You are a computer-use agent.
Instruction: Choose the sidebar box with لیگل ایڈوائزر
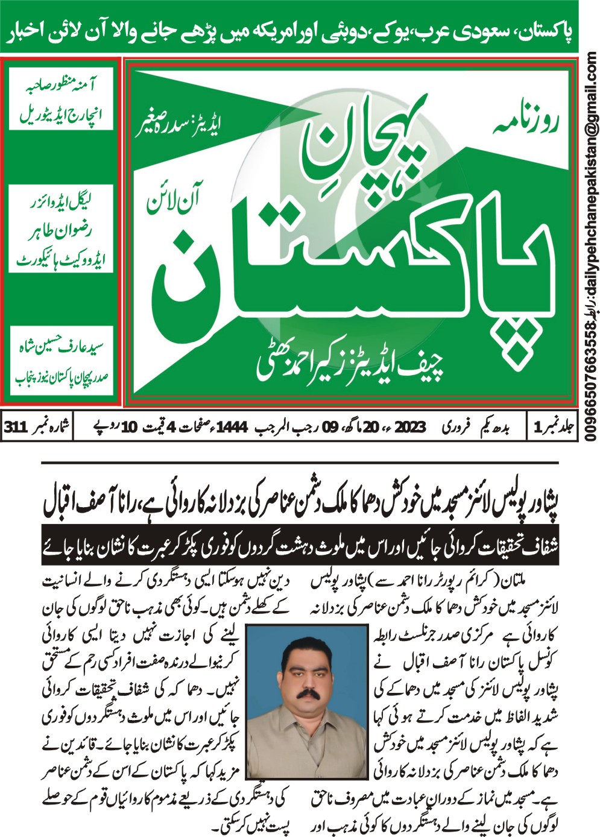[61, 229]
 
